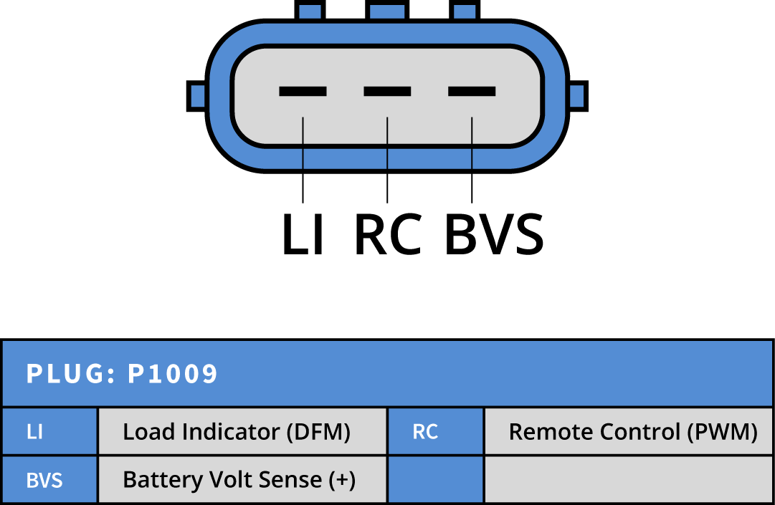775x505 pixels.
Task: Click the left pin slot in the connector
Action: click(x=303, y=91)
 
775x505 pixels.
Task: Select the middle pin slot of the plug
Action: click(x=387, y=91)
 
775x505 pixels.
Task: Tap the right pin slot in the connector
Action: click(x=472, y=91)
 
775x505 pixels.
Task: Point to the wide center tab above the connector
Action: click(x=387, y=11)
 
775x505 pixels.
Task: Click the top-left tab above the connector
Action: click(x=310, y=11)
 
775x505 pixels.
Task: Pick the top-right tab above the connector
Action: click(x=465, y=11)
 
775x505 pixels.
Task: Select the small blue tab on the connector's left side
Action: click(x=198, y=96)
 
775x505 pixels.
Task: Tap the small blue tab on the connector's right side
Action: click(x=576, y=96)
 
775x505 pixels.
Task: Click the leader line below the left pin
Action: click(x=303, y=143)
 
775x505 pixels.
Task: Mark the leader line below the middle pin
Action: click(x=387, y=143)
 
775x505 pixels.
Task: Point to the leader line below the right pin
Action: click(x=472, y=143)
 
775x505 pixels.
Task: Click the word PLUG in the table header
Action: click(x=66, y=374)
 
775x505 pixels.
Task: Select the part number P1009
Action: click(x=173, y=374)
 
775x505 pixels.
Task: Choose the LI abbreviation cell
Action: click(x=49, y=432)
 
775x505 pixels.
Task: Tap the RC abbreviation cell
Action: click(x=434, y=432)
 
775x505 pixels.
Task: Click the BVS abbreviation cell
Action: click(x=49, y=480)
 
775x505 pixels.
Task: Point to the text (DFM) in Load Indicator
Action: click(x=318, y=432)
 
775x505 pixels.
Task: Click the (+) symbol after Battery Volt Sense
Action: click(x=342, y=480)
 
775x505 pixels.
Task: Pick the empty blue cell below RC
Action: click(x=434, y=480)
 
